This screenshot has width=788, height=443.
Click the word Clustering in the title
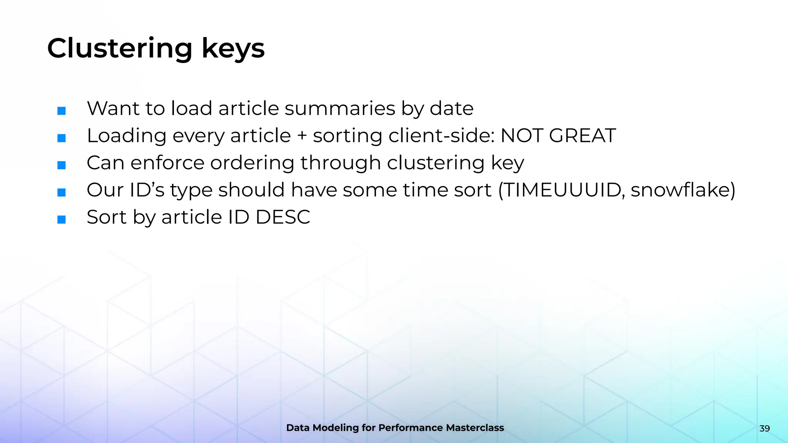(x=119, y=49)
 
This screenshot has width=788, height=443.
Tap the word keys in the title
(x=233, y=49)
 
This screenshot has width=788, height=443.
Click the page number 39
(x=765, y=428)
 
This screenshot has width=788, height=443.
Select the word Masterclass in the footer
(x=474, y=428)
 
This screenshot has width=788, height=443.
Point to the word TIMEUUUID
(x=561, y=190)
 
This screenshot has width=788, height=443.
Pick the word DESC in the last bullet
(x=283, y=217)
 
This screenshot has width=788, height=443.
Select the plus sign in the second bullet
(x=302, y=136)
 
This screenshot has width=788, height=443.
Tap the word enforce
(x=167, y=163)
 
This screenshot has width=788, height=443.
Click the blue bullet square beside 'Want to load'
(x=62, y=111)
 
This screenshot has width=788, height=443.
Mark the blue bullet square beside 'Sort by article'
(x=62, y=220)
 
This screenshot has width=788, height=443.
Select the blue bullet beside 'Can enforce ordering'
(x=62, y=165)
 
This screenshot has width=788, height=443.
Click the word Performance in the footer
(x=411, y=428)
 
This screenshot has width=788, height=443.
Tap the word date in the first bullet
(x=451, y=108)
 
